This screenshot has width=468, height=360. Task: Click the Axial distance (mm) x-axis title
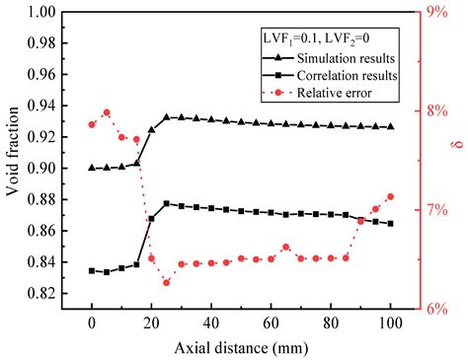tap(241, 347)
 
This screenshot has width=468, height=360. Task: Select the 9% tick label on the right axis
tap(431, 13)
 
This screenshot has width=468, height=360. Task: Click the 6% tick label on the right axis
tap(431, 309)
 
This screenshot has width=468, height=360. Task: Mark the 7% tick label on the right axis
tap(431, 210)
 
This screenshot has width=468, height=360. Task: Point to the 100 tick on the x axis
tap(390, 323)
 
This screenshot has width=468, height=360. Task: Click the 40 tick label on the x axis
tap(211, 323)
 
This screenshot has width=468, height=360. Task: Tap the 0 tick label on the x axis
tap(92, 323)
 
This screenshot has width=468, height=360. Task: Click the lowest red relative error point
tap(166, 283)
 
